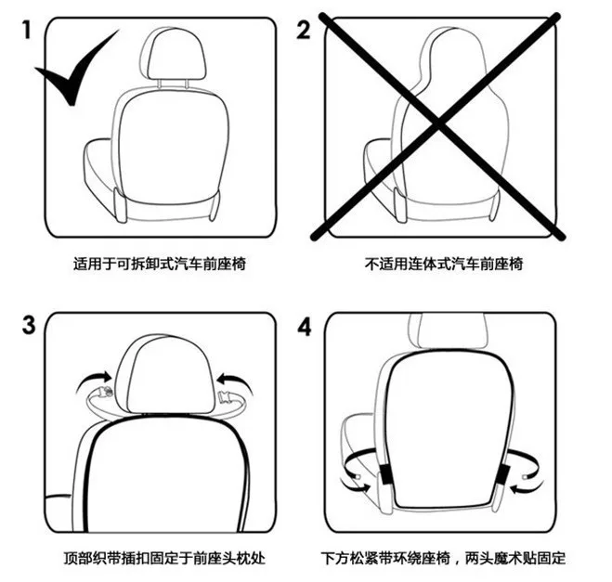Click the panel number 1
click(x=27, y=30)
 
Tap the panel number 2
click(x=304, y=30)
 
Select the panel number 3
click(x=29, y=325)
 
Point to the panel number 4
click(x=304, y=327)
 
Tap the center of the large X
click(x=437, y=125)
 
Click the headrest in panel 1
click(x=173, y=54)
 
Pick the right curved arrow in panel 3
click(x=234, y=382)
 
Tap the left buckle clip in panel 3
click(x=105, y=392)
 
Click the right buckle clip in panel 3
click(x=226, y=396)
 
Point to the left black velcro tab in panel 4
click(x=387, y=474)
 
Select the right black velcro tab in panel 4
click(x=503, y=474)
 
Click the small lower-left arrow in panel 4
click(x=356, y=486)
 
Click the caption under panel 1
click(x=160, y=265)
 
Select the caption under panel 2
click(x=444, y=265)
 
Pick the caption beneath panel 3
click(x=164, y=558)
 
